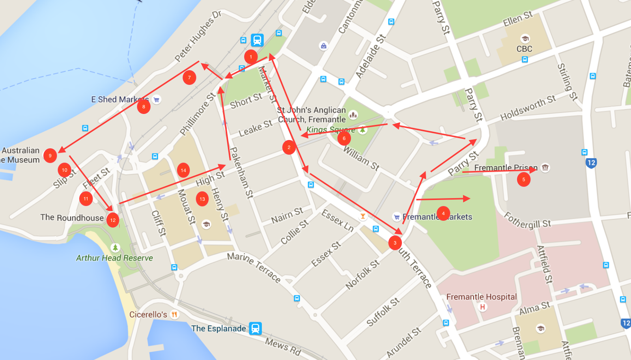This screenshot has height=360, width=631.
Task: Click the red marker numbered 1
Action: click(251, 57)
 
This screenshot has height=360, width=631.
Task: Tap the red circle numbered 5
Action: click(524, 179)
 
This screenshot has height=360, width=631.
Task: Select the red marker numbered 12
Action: click(113, 220)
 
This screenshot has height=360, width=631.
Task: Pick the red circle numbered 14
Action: click(183, 170)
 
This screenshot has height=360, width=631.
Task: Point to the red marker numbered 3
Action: click(395, 243)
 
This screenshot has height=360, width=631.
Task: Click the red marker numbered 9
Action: click(50, 156)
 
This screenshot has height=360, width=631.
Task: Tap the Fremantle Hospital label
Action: click(481, 297)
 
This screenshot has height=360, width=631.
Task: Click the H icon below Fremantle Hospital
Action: click(482, 307)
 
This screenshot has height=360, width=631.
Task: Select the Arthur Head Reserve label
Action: click(114, 258)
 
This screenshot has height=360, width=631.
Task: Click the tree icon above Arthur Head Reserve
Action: click(115, 248)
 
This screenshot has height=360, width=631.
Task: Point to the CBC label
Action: click(524, 49)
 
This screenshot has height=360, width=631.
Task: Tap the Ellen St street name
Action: click(517, 19)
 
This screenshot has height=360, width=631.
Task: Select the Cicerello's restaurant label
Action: click(148, 315)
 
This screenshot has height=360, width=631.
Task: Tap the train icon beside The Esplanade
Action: click(255, 328)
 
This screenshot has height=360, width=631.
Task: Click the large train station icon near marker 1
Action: click(257, 40)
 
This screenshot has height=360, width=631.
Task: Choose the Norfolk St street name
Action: click(362, 274)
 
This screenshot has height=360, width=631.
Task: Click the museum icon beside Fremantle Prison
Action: click(545, 168)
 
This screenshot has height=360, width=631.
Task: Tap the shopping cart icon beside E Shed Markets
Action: click(157, 100)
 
